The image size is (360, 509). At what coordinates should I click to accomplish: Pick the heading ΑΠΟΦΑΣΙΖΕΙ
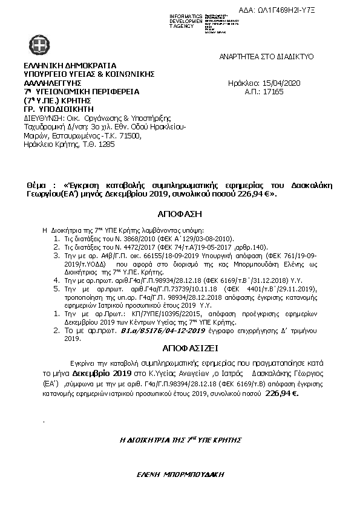179,349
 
